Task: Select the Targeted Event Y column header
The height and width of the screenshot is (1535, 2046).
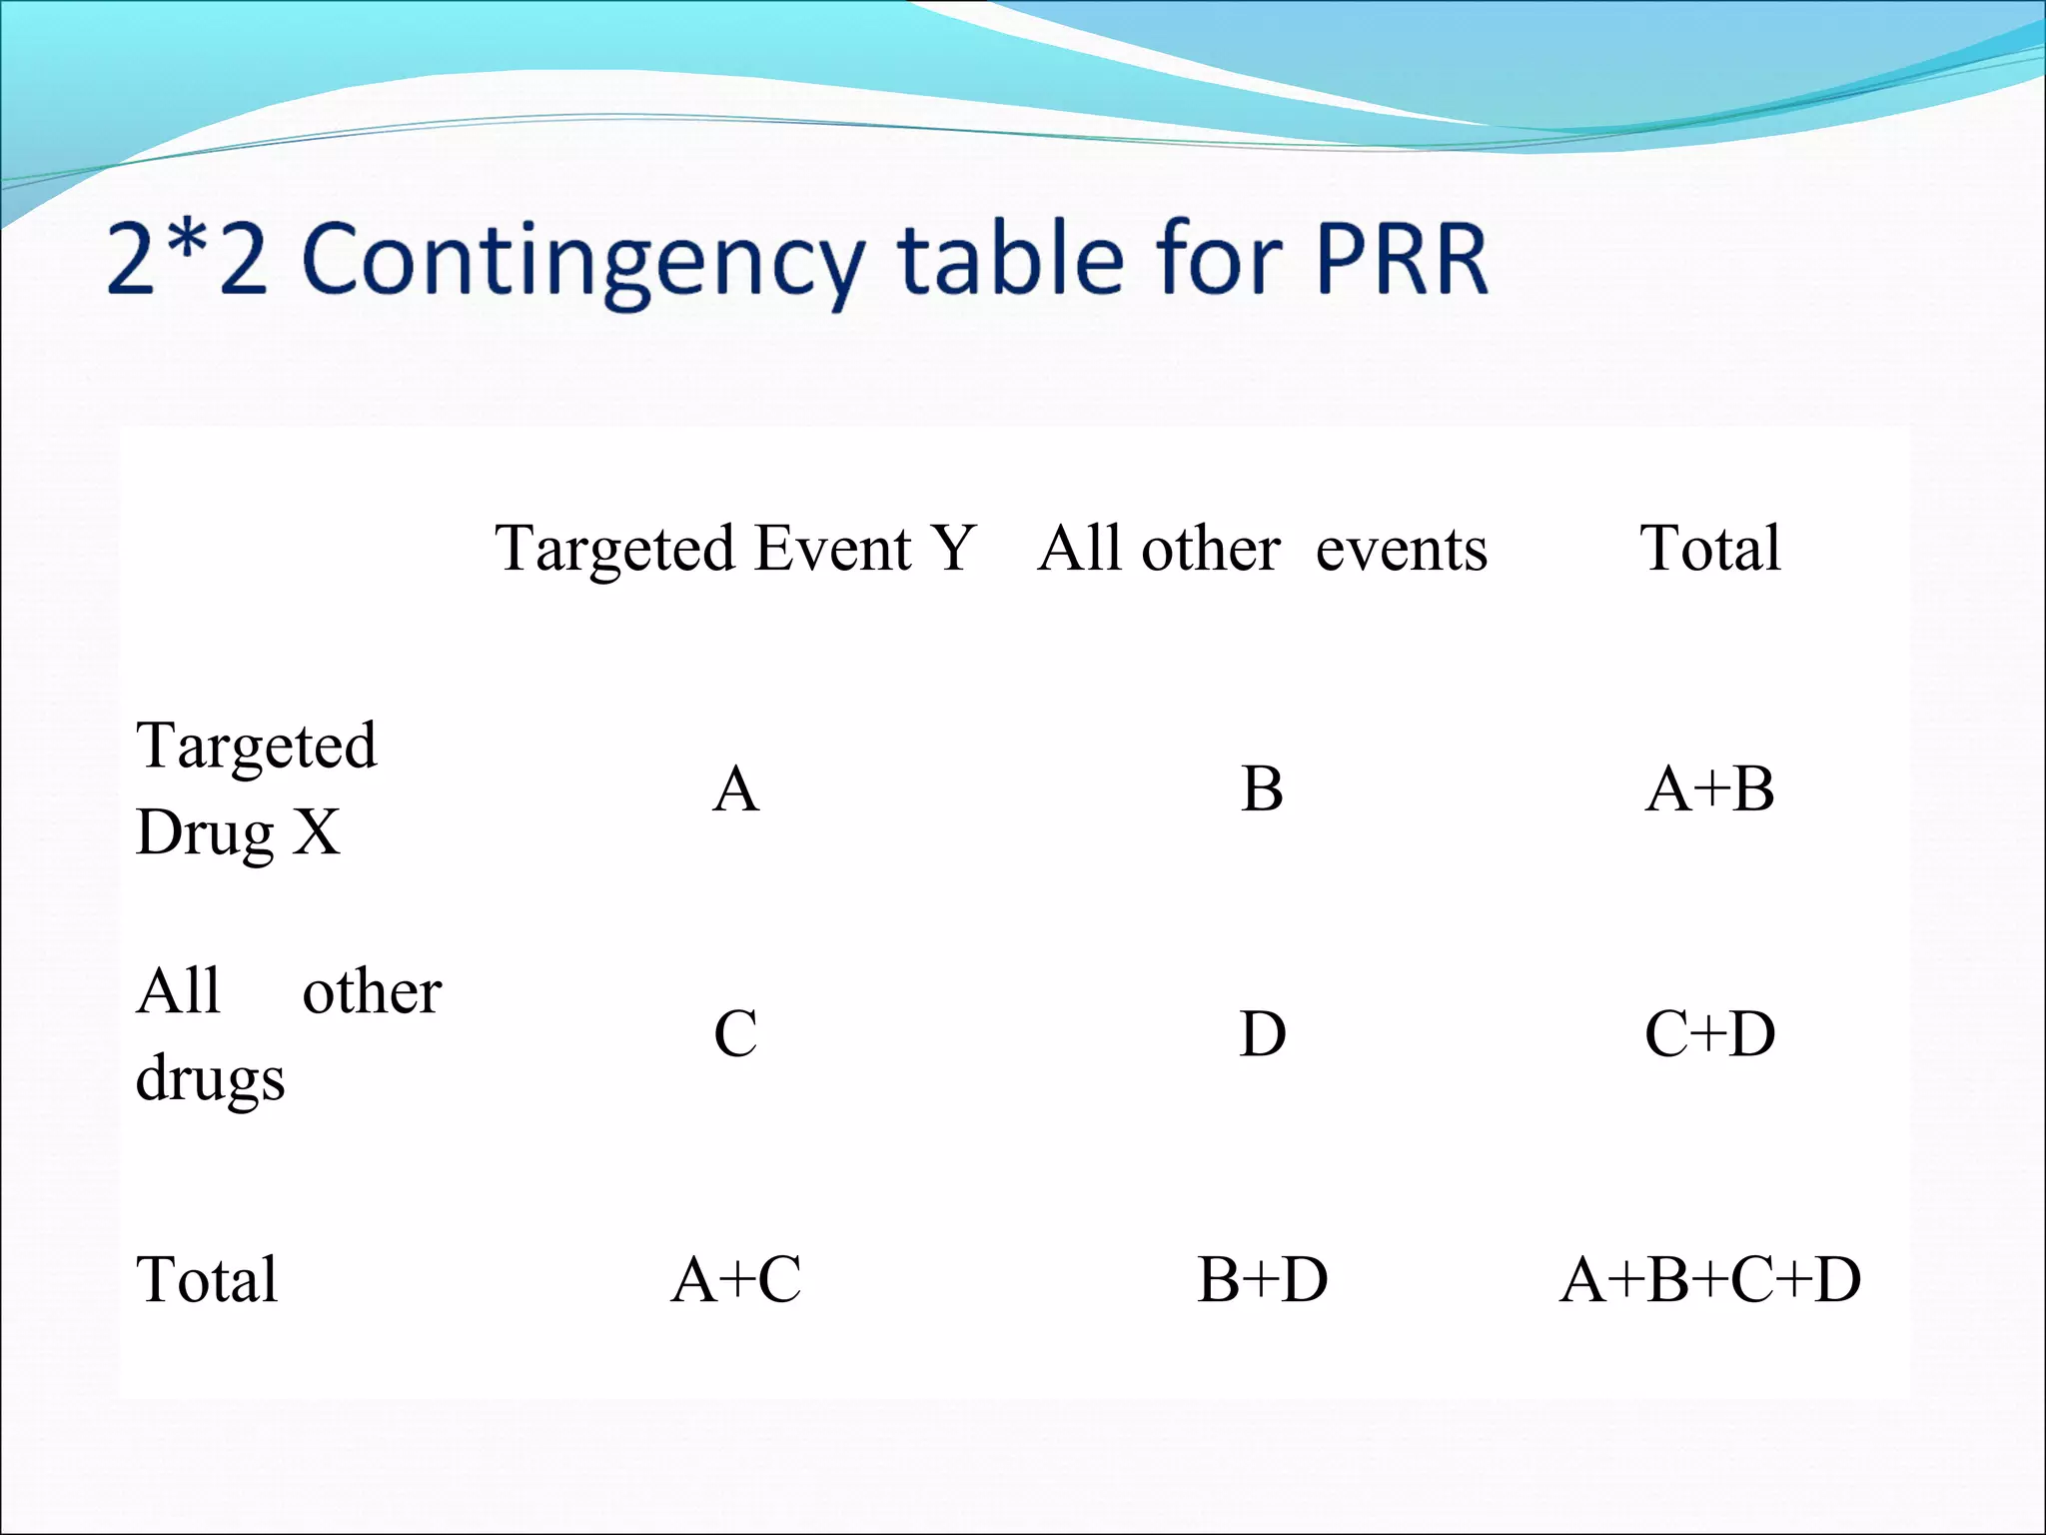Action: (735, 549)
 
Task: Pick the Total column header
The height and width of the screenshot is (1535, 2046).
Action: (1709, 549)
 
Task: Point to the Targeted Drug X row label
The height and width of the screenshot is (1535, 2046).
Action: (256, 788)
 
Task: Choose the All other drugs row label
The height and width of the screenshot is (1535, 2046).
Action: (288, 1034)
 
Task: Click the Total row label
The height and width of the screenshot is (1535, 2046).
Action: (207, 1280)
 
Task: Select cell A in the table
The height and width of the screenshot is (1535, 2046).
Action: (735, 789)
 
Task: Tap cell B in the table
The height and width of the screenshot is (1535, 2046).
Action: (1262, 789)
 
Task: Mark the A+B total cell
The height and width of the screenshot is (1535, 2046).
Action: (1709, 789)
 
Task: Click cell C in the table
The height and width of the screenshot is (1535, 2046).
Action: (735, 1034)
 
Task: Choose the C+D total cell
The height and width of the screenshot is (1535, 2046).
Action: (1709, 1034)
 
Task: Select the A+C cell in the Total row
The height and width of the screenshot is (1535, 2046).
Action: (735, 1280)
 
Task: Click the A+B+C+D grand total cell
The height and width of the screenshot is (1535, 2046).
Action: (1709, 1280)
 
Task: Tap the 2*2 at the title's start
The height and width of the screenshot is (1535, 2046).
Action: (187, 259)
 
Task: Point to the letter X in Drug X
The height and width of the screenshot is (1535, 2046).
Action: (316, 832)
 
